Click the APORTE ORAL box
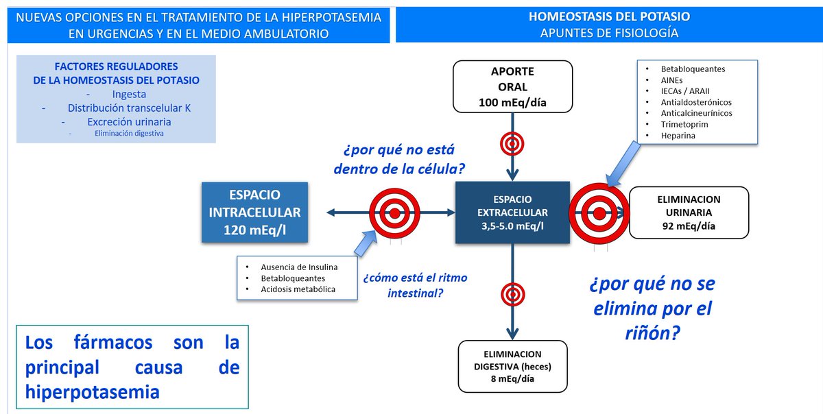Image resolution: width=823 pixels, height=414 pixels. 512,86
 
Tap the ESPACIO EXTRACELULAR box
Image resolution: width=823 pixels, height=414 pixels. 512,212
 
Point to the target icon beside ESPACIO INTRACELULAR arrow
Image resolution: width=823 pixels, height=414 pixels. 394,213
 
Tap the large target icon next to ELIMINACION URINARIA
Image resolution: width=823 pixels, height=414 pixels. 599,213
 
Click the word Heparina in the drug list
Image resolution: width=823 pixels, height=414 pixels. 679,136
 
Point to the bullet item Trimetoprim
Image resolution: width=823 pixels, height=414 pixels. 684,125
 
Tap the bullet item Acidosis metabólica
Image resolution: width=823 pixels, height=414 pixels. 298,289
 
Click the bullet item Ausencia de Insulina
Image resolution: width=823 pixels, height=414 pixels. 299,267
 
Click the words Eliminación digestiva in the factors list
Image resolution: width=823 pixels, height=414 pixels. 129,134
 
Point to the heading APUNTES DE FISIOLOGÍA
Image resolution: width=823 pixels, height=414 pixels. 609,32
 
